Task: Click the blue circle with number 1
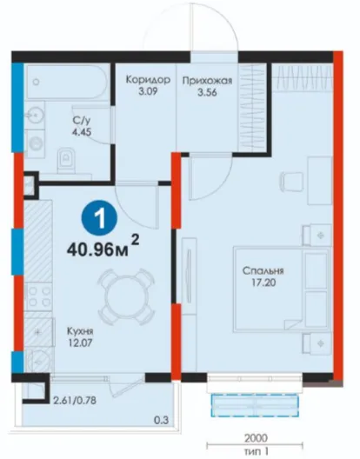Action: click(99, 219)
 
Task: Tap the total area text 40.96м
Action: click(97, 250)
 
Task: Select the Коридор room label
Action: click(148, 80)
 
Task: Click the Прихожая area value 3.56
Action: click(207, 93)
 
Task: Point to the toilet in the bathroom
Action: click(66, 160)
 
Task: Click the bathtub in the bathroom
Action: click(67, 82)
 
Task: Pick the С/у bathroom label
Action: click(82, 121)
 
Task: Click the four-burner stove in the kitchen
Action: click(38, 296)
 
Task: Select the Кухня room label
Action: click(80, 332)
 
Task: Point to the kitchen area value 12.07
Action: click(80, 343)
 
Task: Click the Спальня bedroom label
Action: click(263, 271)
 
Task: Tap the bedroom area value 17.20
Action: click(263, 283)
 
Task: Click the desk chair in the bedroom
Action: click(291, 181)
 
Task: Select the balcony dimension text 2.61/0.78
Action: click(75, 400)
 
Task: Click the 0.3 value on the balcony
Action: click(162, 421)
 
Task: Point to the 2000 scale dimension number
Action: click(256, 438)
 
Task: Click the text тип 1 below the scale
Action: click(257, 451)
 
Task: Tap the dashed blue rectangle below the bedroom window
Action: click(255, 405)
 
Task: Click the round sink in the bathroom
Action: click(35, 114)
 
